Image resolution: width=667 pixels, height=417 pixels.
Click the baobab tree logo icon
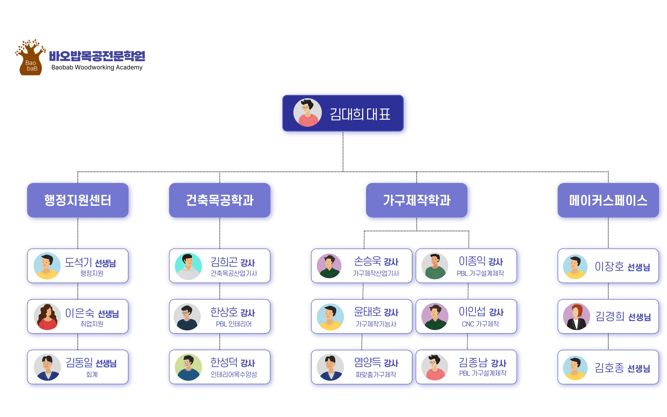point(30,57)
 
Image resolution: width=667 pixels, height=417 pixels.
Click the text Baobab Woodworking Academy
point(97,67)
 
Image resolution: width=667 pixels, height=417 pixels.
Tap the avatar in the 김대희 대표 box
point(307,113)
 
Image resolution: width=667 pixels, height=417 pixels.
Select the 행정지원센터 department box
point(78,200)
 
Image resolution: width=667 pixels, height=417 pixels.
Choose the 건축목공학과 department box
point(220,200)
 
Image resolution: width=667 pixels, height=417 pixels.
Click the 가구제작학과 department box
point(416,200)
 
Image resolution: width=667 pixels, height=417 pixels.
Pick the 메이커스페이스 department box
point(608,200)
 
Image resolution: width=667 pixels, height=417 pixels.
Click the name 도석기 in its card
point(78,262)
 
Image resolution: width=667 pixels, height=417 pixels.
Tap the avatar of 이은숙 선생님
point(47,316)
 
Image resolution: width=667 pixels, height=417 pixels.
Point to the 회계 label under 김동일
point(92,375)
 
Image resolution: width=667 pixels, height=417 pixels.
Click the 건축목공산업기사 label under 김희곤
point(234,273)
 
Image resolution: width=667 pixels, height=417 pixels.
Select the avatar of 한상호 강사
point(187,317)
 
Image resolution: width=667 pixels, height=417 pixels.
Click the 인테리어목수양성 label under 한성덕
point(234,375)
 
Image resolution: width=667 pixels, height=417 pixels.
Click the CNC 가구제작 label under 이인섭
point(480,324)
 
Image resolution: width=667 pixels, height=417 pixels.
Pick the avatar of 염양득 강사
point(330,367)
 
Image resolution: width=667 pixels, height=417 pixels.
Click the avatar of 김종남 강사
point(435,367)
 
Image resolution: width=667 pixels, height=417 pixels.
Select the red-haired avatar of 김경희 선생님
point(576,317)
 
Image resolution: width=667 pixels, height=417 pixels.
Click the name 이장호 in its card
point(609,267)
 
